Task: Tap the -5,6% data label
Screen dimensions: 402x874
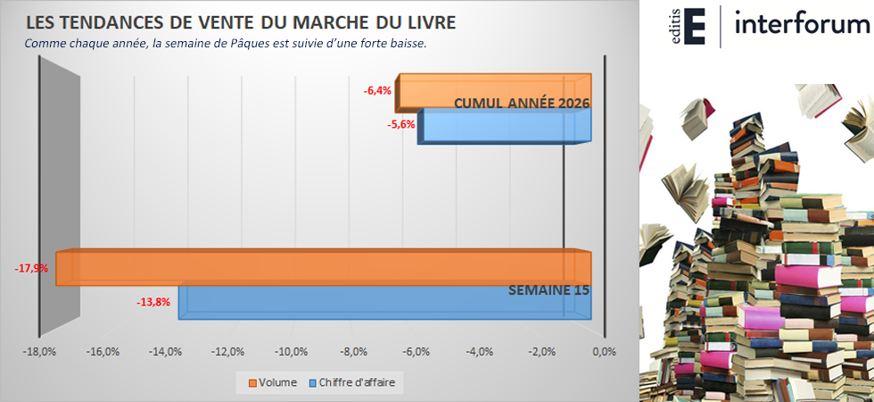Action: pos(401,125)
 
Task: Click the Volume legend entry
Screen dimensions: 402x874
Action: pos(273,382)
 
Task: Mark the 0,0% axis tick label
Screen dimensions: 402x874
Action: pos(604,351)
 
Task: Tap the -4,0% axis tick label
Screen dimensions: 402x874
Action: pos(479,351)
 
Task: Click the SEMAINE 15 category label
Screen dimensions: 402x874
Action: pos(548,290)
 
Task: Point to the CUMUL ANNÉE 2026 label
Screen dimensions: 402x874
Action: pos(522,103)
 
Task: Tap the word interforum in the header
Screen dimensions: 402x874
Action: pos(803,25)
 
